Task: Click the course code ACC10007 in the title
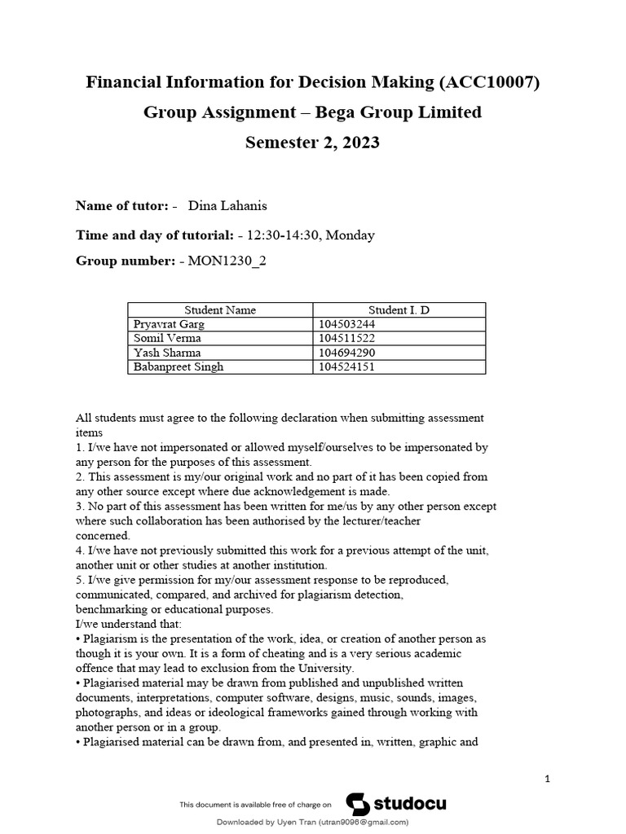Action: [x=488, y=82]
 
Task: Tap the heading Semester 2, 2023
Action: [x=312, y=143]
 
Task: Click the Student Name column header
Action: [x=220, y=310]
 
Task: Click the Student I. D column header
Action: [x=399, y=310]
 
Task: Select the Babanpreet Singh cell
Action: [x=178, y=367]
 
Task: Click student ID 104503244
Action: [x=346, y=324]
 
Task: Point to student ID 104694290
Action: [x=346, y=353]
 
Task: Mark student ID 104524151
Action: [x=346, y=367]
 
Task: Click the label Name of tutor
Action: [x=121, y=205]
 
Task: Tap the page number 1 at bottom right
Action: [x=548, y=779]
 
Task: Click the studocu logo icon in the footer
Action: [x=358, y=804]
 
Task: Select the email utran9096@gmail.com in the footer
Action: [x=363, y=823]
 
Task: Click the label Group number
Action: [x=123, y=261]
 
